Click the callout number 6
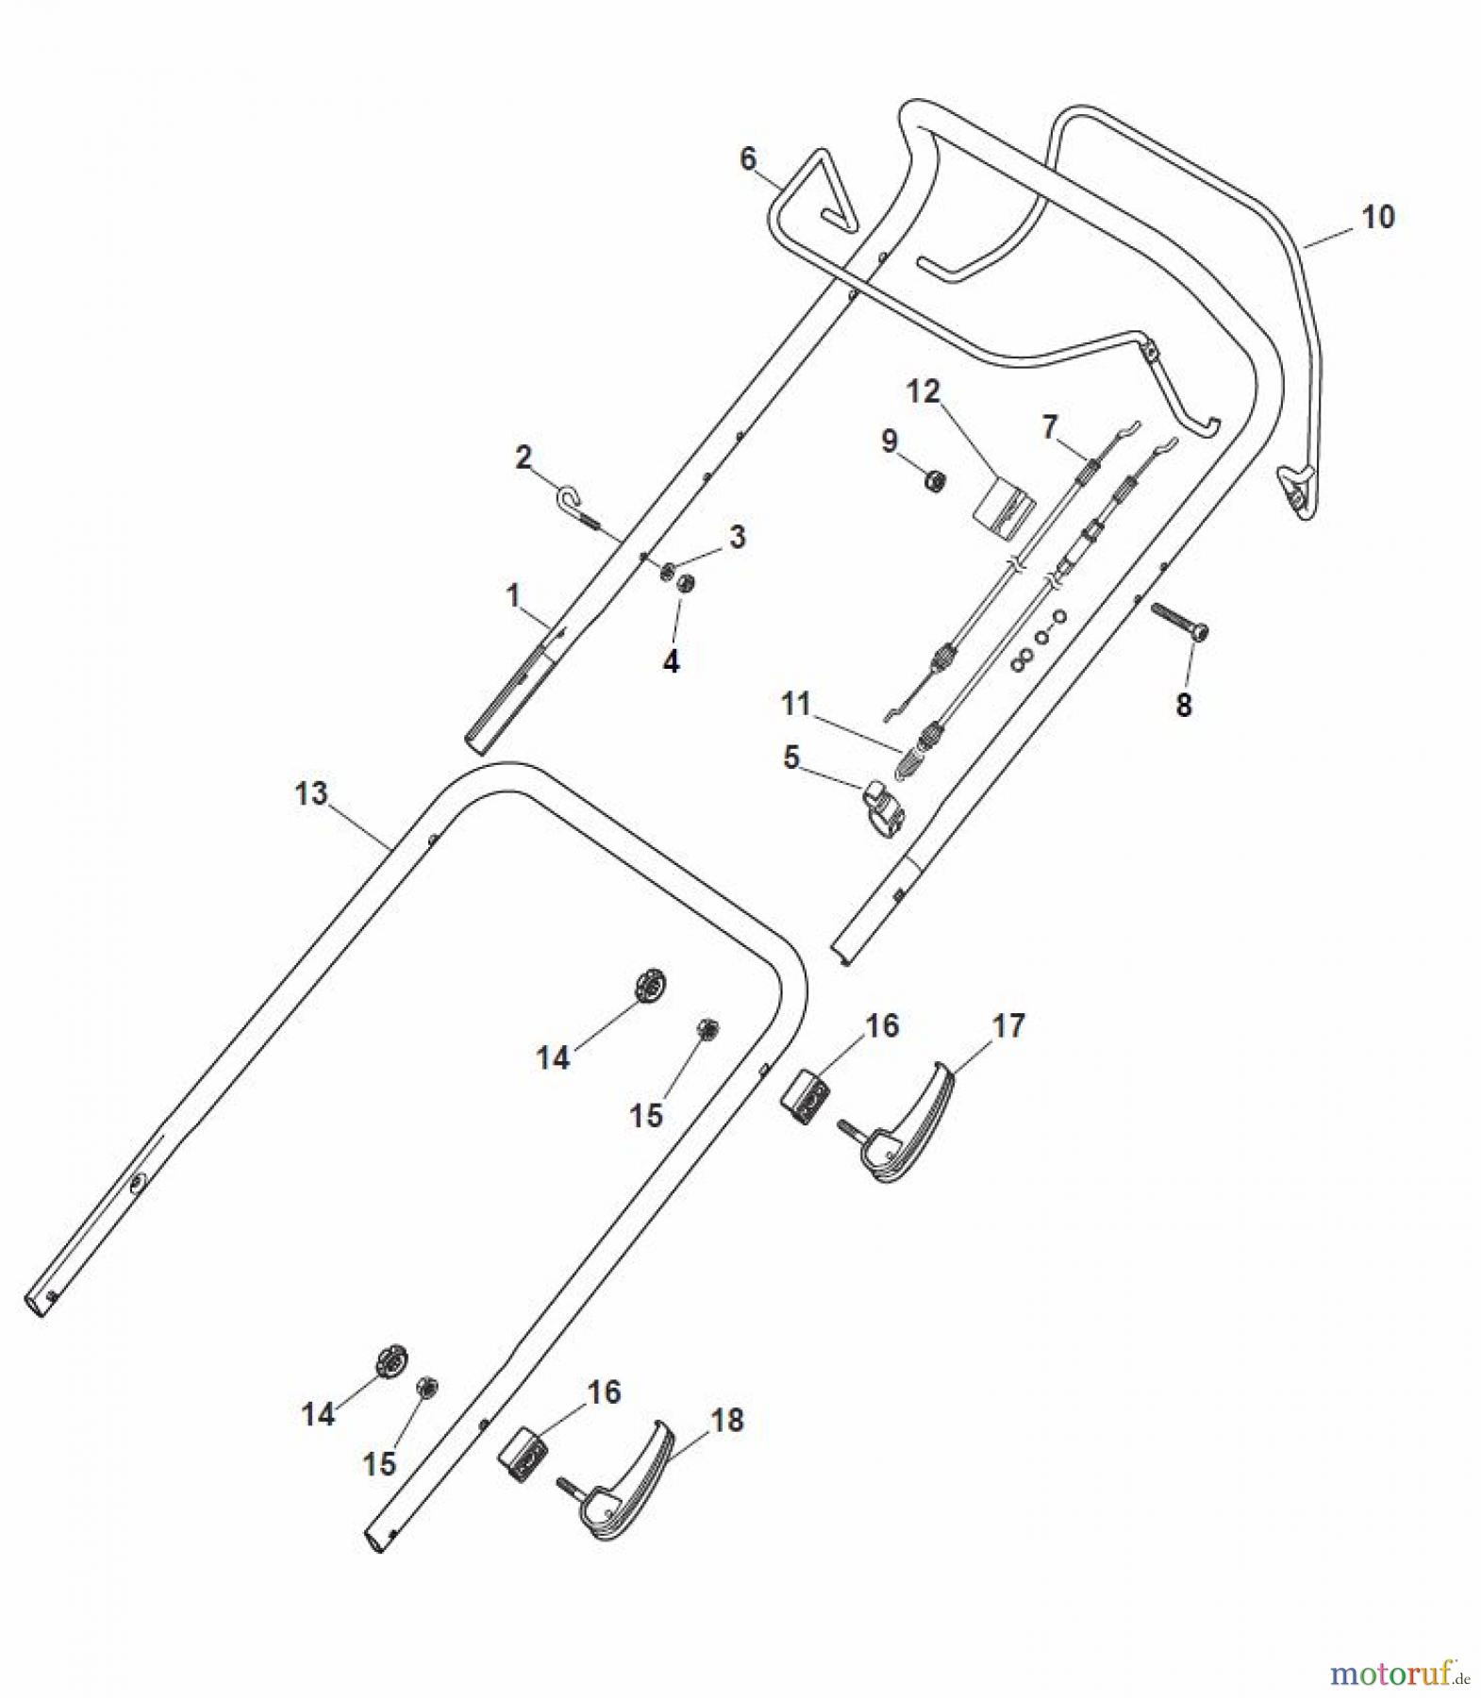click(x=748, y=158)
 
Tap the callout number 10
click(x=1378, y=217)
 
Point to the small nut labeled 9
click(x=934, y=482)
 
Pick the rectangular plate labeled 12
click(x=1002, y=510)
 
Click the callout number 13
click(x=310, y=794)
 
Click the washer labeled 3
click(x=667, y=569)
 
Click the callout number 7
click(x=1049, y=427)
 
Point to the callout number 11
click(x=795, y=704)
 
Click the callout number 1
click(x=513, y=596)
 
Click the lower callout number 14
click(x=318, y=1414)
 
